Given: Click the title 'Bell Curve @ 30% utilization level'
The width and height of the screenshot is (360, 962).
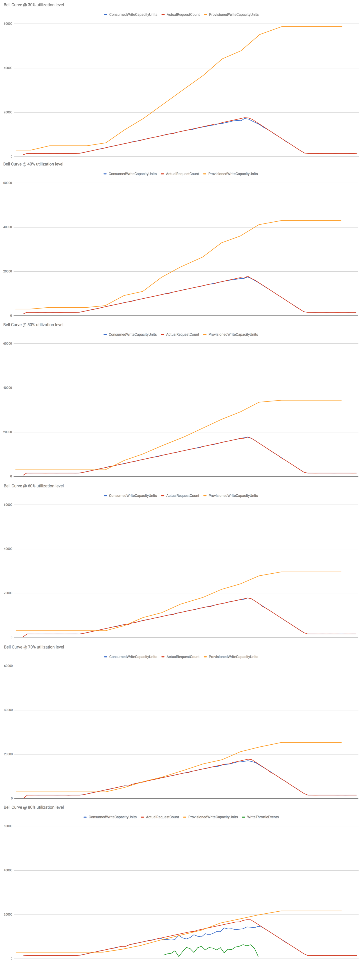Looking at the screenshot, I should point(34,5).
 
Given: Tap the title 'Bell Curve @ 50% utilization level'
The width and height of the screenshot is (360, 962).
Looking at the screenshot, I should point(33,324).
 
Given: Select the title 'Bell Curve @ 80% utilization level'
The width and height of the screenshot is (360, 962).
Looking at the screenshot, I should point(34,807).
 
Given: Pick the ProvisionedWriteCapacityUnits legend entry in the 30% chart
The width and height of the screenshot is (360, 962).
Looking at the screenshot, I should point(233,15).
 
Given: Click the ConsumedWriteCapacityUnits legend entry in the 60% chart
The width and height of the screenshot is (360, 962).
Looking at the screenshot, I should point(133,496).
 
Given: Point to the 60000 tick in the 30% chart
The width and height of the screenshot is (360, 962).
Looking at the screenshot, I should point(8,24).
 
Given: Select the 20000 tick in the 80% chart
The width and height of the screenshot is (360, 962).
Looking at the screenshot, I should point(8,914).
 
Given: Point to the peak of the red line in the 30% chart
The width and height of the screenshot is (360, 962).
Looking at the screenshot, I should point(245,118).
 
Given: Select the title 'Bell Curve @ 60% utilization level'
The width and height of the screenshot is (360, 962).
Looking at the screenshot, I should point(34,486).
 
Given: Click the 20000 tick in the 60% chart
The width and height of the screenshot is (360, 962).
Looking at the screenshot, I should point(8,593).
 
